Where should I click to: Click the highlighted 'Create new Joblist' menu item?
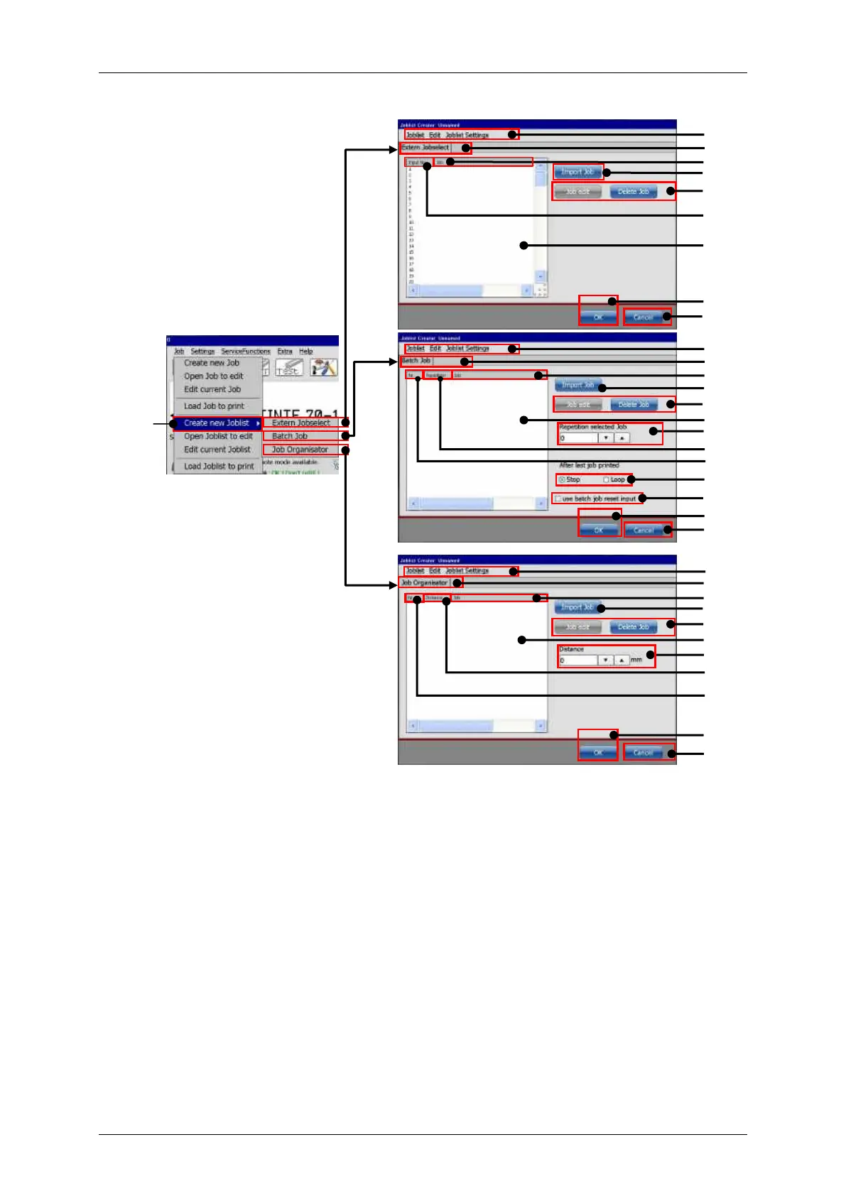pos(216,423)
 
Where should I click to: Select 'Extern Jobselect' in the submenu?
pos(300,423)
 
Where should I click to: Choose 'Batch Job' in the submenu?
pos(290,437)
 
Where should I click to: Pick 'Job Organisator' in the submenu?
pos(300,450)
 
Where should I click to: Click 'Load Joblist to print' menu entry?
pos(218,467)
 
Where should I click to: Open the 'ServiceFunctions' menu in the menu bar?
pos(245,352)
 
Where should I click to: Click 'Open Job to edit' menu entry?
pos(213,376)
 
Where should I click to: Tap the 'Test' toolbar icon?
pos(288,368)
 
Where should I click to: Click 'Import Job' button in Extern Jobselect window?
pos(577,172)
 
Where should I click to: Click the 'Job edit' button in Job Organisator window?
pos(577,627)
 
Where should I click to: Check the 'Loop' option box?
pos(606,480)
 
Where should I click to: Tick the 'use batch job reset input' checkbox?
pos(558,499)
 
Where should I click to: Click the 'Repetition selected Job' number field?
pos(577,439)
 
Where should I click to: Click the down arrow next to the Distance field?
pos(605,660)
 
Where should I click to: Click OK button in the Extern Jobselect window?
pos(598,317)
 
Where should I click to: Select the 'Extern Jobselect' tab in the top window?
pos(425,148)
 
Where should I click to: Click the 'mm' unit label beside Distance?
pos(636,660)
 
